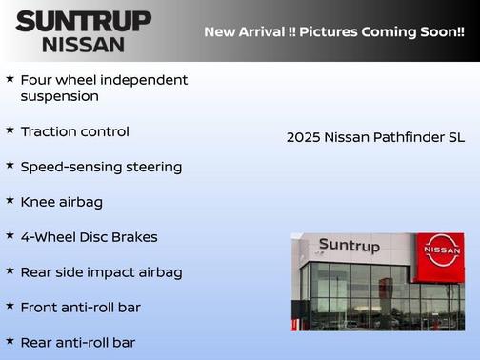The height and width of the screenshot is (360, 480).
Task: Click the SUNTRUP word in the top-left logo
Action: pos(83,21)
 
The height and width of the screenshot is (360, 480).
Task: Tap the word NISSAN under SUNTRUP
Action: pos(83,44)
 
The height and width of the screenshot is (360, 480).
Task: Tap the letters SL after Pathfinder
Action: pos(456,137)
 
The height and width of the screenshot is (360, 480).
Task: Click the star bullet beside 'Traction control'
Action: pos(10,130)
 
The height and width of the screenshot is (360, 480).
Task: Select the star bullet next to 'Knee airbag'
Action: pos(10,200)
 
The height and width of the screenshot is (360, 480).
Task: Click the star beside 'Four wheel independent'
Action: pos(10,78)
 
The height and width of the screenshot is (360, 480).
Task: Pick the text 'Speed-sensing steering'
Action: pos(101,167)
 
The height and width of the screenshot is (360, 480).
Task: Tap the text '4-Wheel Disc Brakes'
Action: pos(89,237)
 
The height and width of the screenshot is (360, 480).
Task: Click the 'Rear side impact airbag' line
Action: pos(101,272)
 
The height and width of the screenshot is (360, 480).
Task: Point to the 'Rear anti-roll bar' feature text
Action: pos(84,342)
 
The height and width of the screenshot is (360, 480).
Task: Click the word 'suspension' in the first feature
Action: pos(59,96)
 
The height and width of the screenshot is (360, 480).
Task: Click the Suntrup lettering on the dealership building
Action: pos(349,246)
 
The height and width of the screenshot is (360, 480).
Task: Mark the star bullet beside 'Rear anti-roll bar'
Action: pos(10,340)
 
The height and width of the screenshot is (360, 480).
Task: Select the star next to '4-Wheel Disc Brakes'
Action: pos(10,235)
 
